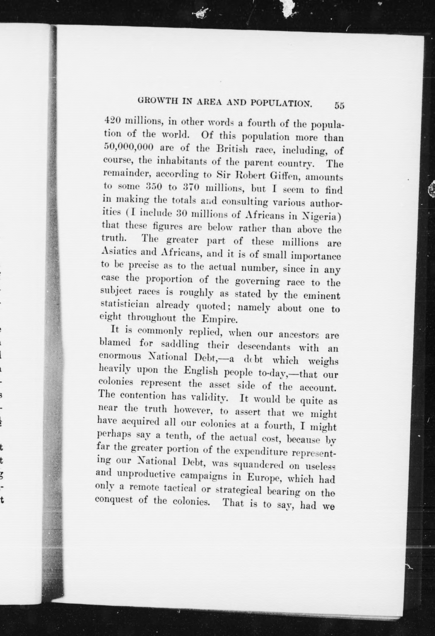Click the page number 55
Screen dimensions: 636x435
tap(339, 106)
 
